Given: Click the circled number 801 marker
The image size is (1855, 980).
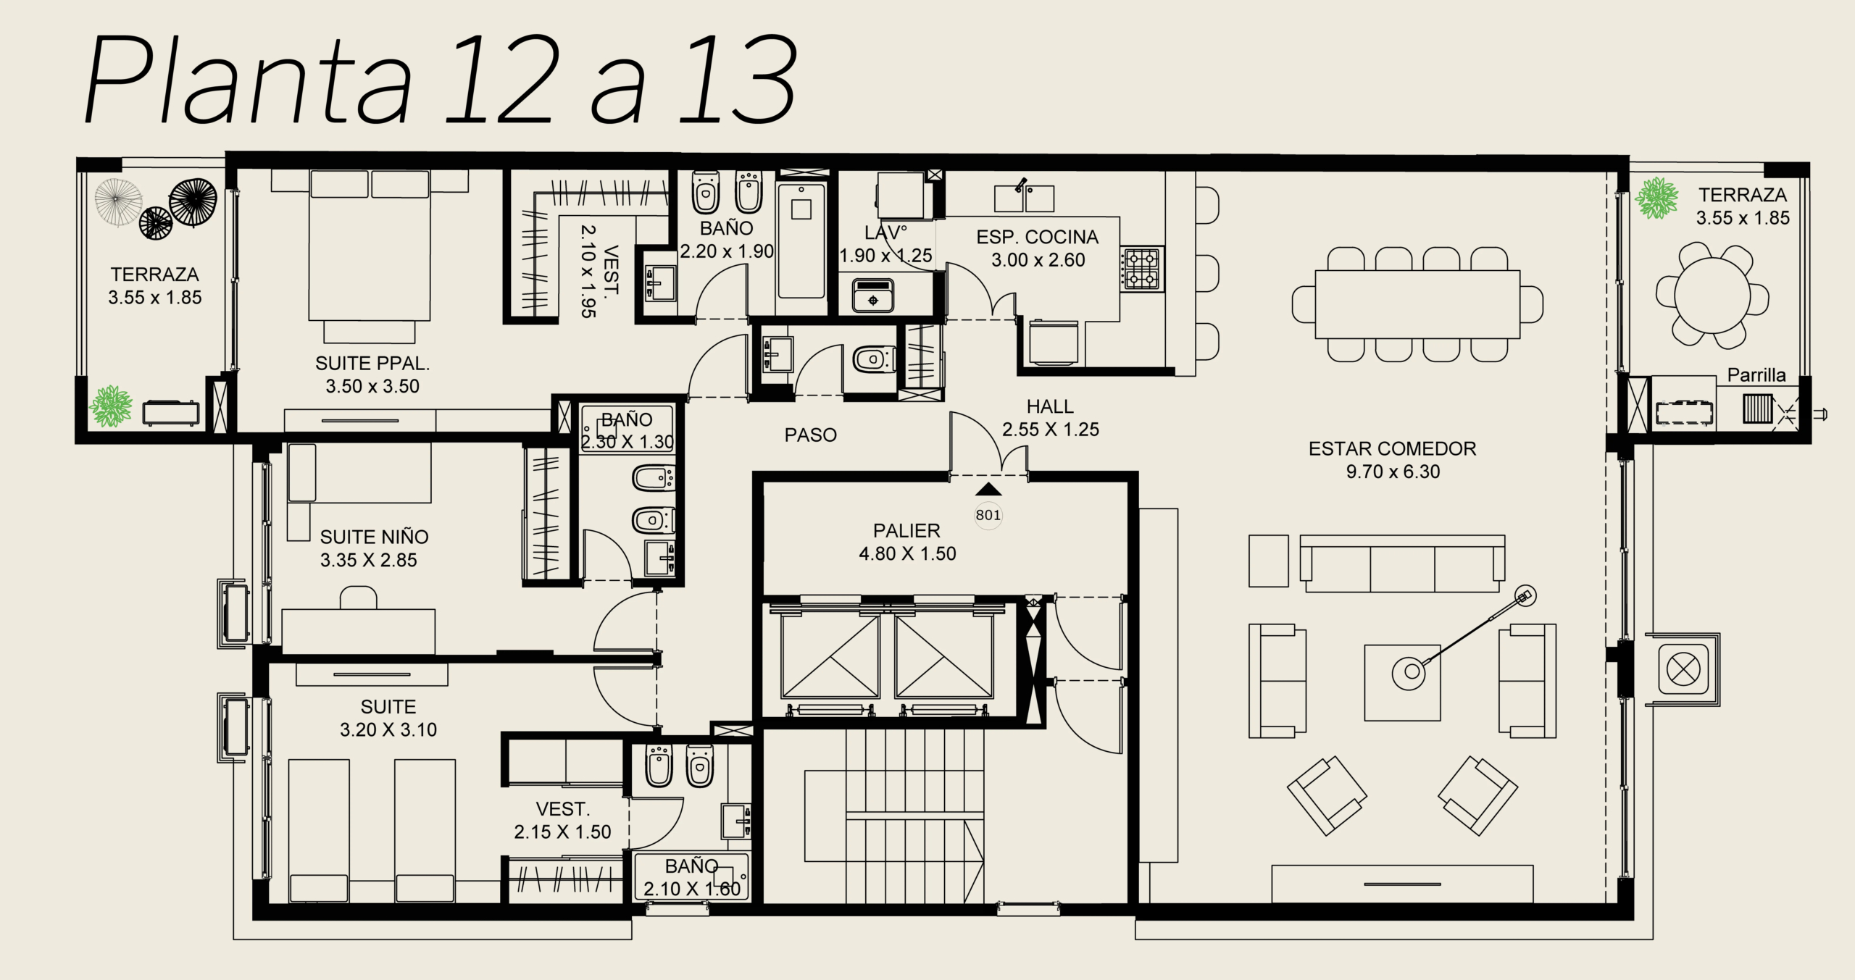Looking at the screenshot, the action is click(x=988, y=515).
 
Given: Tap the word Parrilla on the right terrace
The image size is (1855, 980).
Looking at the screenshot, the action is click(x=1756, y=375).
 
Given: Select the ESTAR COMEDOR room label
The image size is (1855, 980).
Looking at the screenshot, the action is click(x=1392, y=448).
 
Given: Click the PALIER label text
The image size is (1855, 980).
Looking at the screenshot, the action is click(x=906, y=530).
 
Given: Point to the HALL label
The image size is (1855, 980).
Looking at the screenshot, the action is click(x=1050, y=406).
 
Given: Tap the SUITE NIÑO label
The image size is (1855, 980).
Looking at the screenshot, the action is click(x=374, y=537).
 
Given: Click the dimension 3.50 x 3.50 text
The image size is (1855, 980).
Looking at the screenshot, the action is click(x=372, y=386).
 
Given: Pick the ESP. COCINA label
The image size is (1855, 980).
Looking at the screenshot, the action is click(x=1037, y=237).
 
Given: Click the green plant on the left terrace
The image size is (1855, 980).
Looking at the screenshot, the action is click(x=110, y=406).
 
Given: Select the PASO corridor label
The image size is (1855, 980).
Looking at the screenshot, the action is click(x=810, y=435).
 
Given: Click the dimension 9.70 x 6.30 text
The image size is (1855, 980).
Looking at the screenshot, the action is click(x=1393, y=472).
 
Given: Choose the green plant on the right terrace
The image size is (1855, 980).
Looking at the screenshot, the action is click(x=1656, y=198).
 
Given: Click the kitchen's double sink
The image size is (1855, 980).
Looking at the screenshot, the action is click(x=1024, y=197).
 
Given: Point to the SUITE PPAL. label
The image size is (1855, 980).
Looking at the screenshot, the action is click(x=372, y=363).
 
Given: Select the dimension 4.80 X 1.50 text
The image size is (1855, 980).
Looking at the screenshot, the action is click(x=907, y=553).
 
